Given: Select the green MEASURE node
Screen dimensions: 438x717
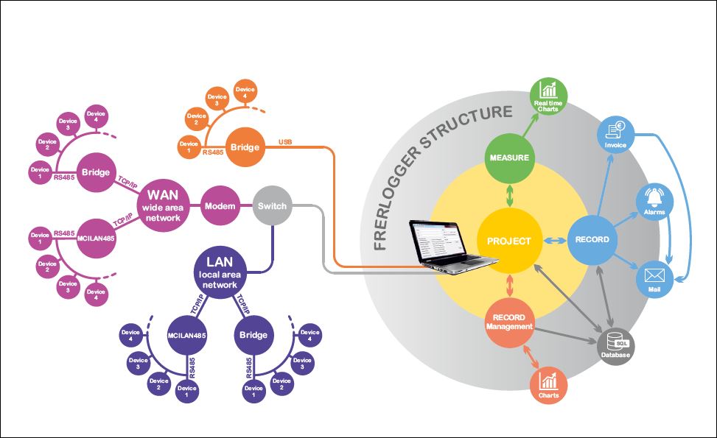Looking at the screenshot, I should point(509,158).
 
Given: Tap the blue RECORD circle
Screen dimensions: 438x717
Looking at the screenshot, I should point(592,239).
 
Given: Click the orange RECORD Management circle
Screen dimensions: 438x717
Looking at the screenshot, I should point(509,322).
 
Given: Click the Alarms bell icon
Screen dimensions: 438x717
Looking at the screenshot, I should point(654,199).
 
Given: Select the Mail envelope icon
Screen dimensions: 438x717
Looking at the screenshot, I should point(654,277).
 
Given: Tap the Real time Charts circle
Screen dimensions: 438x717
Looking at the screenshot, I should point(548,94).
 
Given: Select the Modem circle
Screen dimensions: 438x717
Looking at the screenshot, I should point(220,205).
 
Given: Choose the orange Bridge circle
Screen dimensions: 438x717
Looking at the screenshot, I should point(245,146).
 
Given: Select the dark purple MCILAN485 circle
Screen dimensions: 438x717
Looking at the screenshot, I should point(186,336).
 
